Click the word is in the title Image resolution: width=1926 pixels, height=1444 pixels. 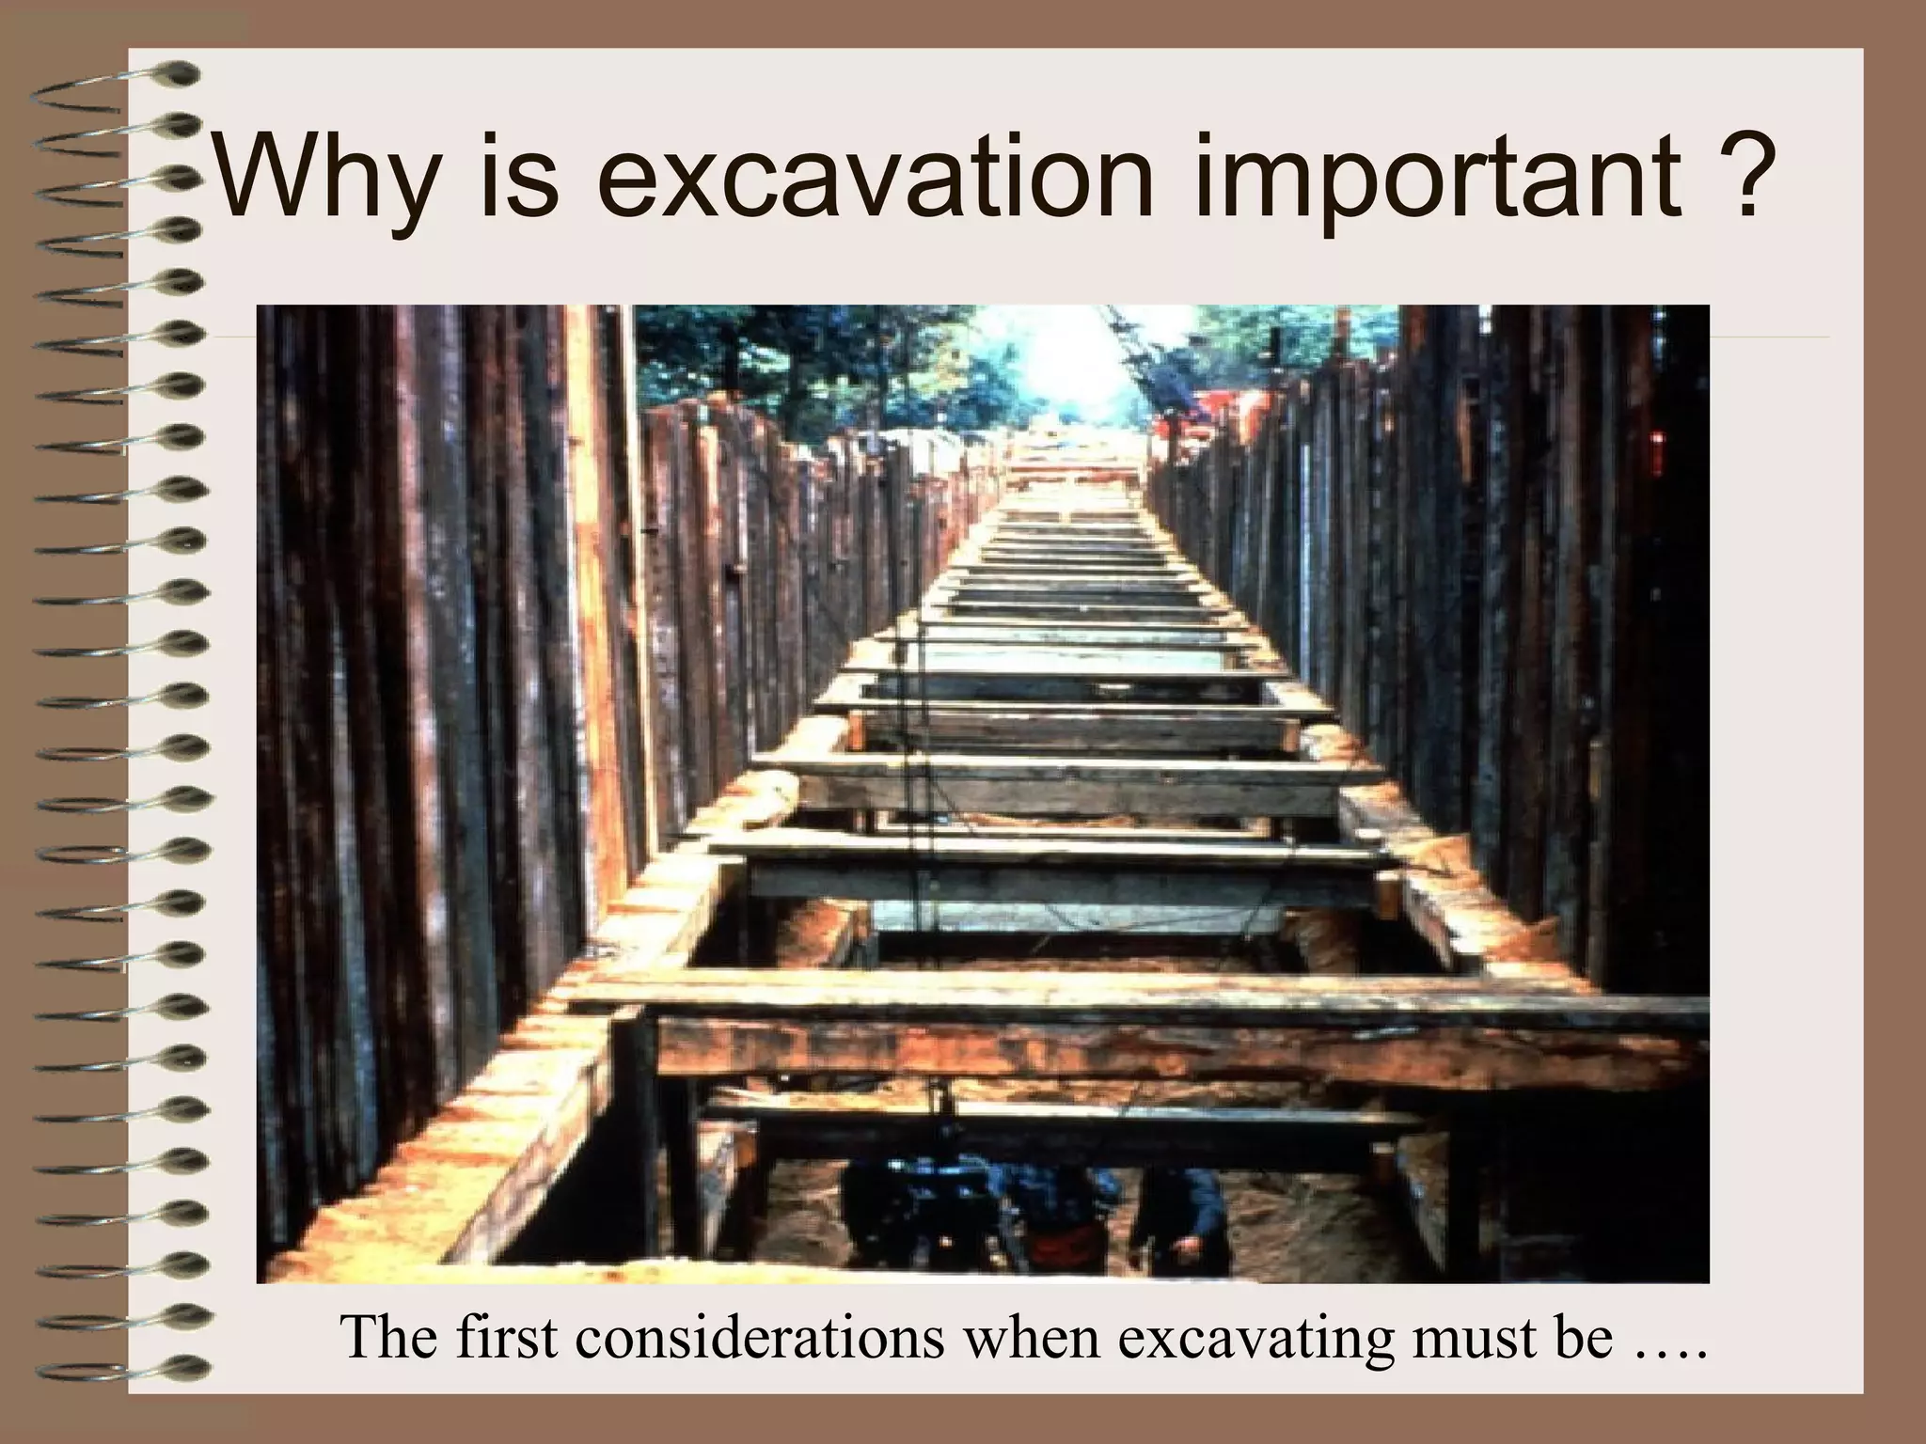pos(518,176)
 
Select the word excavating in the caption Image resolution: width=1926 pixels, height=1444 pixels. pos(1256,1339)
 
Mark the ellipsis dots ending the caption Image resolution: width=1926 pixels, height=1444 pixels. pos(1668,1354)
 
